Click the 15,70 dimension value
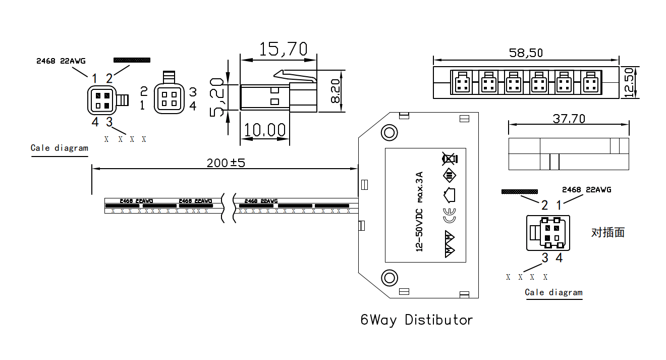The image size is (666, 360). point(283,49)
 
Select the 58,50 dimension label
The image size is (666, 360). point(526,53)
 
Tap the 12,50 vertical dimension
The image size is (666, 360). point(629,82)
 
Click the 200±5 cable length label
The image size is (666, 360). point(226,163)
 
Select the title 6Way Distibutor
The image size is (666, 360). point(417,320)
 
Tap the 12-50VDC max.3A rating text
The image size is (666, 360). point(418,212)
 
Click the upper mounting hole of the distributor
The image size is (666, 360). point(389,133)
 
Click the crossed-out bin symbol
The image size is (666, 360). point(449,159)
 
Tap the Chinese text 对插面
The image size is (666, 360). point(607,232)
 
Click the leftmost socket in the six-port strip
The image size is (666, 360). point(463,82)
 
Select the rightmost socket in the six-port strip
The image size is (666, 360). point(590,82)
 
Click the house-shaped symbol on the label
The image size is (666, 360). point(449,194)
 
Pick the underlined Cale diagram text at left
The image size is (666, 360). point(60,148)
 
